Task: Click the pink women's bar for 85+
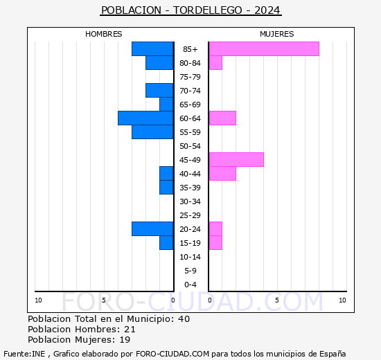click(263, 48)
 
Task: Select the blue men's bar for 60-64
click(145, 118)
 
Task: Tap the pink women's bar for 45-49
click(236, 159)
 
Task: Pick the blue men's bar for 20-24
click(152, 228)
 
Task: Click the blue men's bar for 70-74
click(159, 90)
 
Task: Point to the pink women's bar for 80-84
click(215, 62)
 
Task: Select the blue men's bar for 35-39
click(166, 187)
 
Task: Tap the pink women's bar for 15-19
click(215, 242)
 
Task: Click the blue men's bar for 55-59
click(152, 132)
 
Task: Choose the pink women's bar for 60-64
click(222, 118)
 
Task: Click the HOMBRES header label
click(103, 34)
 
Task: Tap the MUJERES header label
click(276, 34)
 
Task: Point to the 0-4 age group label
click(190, 285)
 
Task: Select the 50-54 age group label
click(190, 146)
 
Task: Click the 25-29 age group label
click(190, 215)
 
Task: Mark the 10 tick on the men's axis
click(38, 300)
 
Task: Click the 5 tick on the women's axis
click(276, 300)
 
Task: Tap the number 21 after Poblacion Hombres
click(130, 329)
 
